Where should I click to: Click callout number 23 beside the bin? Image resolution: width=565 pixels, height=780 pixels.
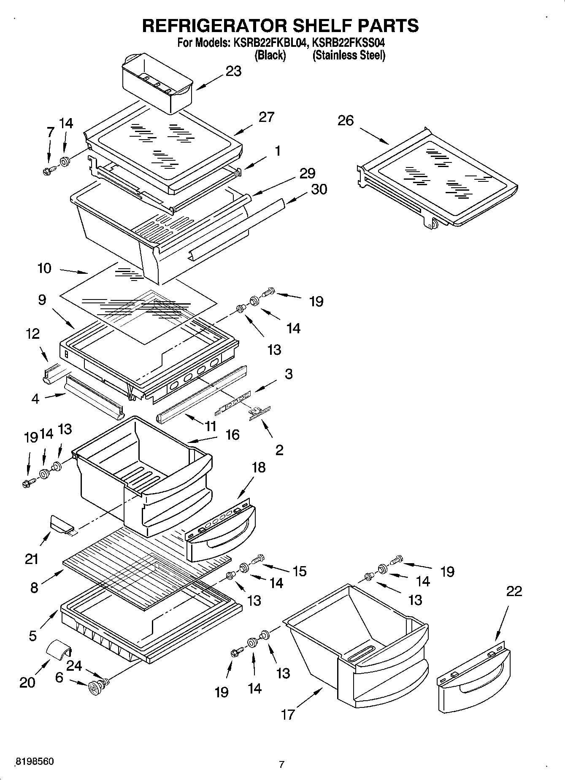pyautogui.click(x=233, y=71)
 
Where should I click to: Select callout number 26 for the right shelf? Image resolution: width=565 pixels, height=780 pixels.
pyautogui.click(x=345, y=121)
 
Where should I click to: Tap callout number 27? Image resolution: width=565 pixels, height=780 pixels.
pyautogui.click(x=266, y=117)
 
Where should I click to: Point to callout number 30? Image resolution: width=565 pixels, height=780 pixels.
pyautogui.click(x=319, y=189)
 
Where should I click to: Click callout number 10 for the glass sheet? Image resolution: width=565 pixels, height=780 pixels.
pyautogui.click(x=44, y=268)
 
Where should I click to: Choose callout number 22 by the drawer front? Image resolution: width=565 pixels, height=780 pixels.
pyautogui.click(x=514, y=591)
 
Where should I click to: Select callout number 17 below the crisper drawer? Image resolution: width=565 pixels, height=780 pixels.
pyautogui.click(x=288, y=715)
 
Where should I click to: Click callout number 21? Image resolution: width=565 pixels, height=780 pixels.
pyautogui.click(x=32, y=559)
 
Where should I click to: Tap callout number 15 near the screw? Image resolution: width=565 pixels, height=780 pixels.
pyautogui.click(x=299, y=571)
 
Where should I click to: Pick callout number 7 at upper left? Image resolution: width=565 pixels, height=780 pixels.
pyautogui.click(x=50, y=132)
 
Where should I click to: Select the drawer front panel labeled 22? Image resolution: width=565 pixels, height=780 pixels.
pyautogui.click(x=473, y=675)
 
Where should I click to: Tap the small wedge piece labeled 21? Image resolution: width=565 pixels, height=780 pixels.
pyautogui.click(x=61, y=525)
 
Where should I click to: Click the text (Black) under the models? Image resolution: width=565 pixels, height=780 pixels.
pyautogui.click(x=270, y=55)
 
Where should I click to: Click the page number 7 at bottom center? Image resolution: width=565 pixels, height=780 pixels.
pyautogui.click(x=281, y=764)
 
